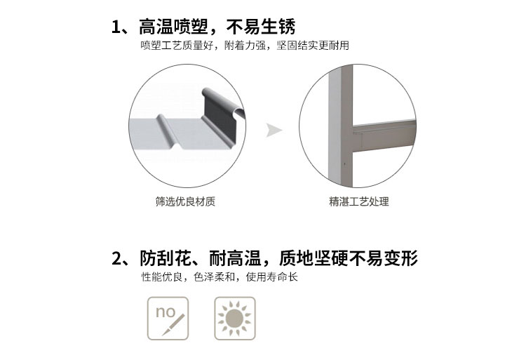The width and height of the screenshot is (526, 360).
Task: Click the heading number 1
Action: coord(116,27)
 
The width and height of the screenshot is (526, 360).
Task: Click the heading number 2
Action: coord(116,258)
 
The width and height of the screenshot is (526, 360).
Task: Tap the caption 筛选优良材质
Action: coord(185,201)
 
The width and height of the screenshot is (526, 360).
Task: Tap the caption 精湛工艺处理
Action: coord(359,201)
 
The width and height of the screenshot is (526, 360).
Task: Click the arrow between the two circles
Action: coord(274,131)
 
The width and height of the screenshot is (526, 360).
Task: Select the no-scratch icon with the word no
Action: coord(168,319)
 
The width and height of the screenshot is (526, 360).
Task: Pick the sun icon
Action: coord(235,319)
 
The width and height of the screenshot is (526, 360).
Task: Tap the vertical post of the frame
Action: coord(340,126)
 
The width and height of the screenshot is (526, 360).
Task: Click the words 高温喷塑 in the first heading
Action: coord(173,27)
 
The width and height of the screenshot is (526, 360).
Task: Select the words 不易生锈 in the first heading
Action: coord(261,27)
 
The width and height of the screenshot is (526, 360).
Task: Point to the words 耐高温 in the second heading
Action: coord(235,258)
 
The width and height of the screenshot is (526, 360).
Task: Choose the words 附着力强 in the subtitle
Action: coord(245,46)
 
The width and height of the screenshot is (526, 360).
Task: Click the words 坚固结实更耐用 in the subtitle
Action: coord(313,46)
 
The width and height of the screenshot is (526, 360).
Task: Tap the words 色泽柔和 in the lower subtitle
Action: coord(214,277)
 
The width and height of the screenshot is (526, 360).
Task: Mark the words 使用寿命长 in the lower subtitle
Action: coord(271,277)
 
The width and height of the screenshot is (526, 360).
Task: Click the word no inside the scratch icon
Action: coord(166,312)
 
